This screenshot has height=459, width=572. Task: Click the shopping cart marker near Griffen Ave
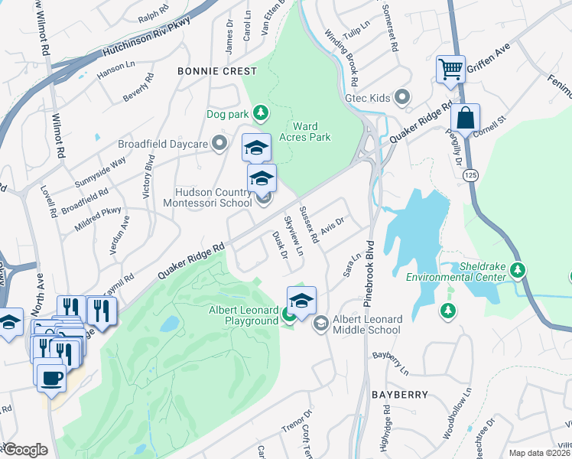(x=451, y=70)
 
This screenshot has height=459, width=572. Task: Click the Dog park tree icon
(x=261, y=114)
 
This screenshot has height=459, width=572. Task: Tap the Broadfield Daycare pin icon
(x=220, y=144)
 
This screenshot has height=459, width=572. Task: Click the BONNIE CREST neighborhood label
(x=207, y=70)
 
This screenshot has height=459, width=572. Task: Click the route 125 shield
(x=469, y=176)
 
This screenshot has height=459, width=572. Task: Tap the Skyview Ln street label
(x=294, y=236)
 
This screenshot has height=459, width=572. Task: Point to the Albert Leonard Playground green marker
(x=289, y=314)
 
